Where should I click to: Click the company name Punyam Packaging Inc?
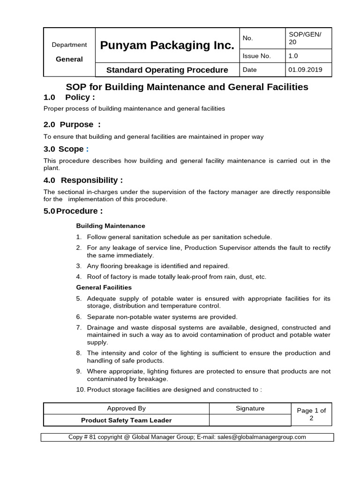click(x=167, y=45)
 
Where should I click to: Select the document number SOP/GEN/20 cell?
click(x=308, y=38)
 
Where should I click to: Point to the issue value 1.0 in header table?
click(x=293, y=56)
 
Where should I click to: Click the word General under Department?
click(x=69, y=59)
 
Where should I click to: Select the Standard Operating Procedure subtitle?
click(x=167, y=70)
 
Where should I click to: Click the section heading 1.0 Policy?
click(x=69, y=97)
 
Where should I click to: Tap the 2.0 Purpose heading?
click(x=72, y=125)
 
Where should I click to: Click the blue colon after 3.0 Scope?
click(x=87, y=149)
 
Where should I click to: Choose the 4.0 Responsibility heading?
click(x=83, y=180)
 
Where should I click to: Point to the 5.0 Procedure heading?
click(x=73, y=211)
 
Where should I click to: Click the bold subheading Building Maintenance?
click(x=111, y=226)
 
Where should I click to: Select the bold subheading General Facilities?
click(x=104, y=287)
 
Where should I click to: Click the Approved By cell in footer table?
click(x=126, y=409)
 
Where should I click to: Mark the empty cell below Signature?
click(x=250, y=420)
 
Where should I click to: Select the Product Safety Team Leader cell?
click(x=126, y=420)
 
